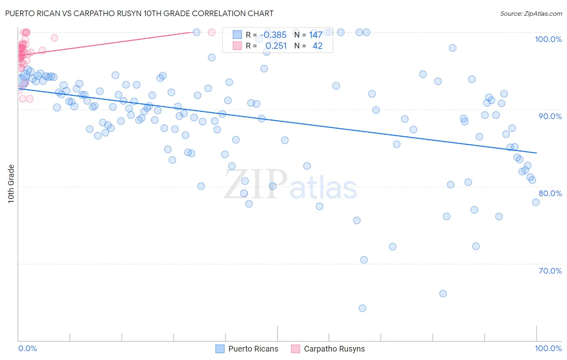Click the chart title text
139,13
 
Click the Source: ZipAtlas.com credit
531,14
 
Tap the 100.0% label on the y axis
548,39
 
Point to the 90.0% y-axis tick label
550,116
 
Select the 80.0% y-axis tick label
550,193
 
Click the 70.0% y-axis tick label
550,271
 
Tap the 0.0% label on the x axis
27,348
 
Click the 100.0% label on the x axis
548,348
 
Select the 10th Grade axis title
11,184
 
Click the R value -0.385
273,35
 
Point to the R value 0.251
276,46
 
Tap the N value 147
316,35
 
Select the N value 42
317,46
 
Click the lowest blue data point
362,308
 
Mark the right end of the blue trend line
536,153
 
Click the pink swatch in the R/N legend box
237,46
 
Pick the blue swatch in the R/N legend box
237,35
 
